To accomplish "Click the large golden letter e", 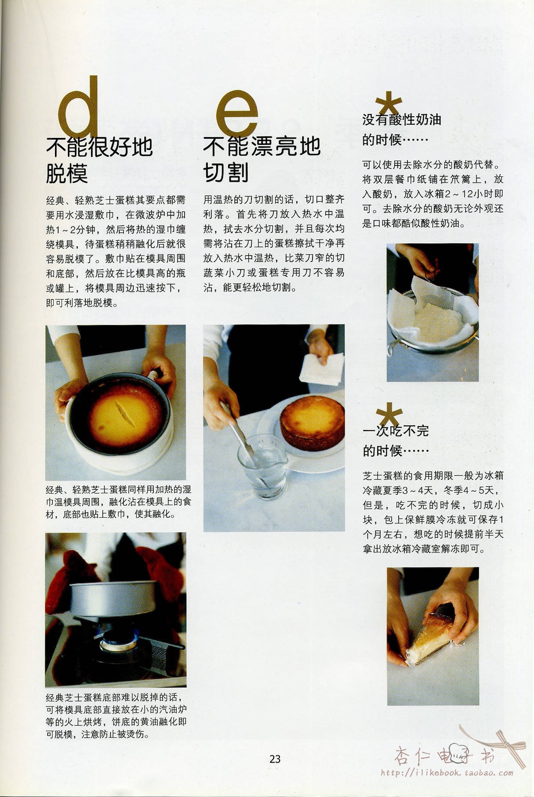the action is coord(237,114).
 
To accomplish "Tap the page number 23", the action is coord(275,759).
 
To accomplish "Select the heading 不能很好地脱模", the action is coord(99,160).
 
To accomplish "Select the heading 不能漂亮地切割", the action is coord(262,160).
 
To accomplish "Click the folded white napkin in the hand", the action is coord(321,369).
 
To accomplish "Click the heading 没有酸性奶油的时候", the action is coord(401,130).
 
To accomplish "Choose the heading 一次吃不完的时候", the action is coord(396,440).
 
